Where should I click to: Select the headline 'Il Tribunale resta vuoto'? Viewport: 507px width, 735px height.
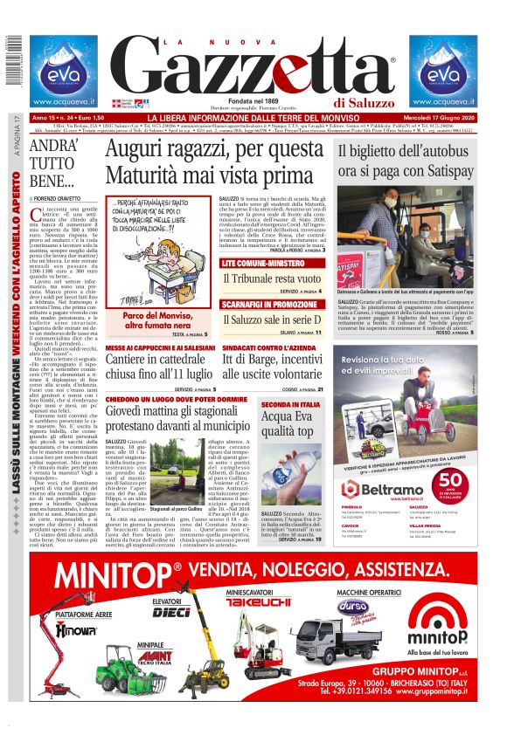(x=272, y=278)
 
